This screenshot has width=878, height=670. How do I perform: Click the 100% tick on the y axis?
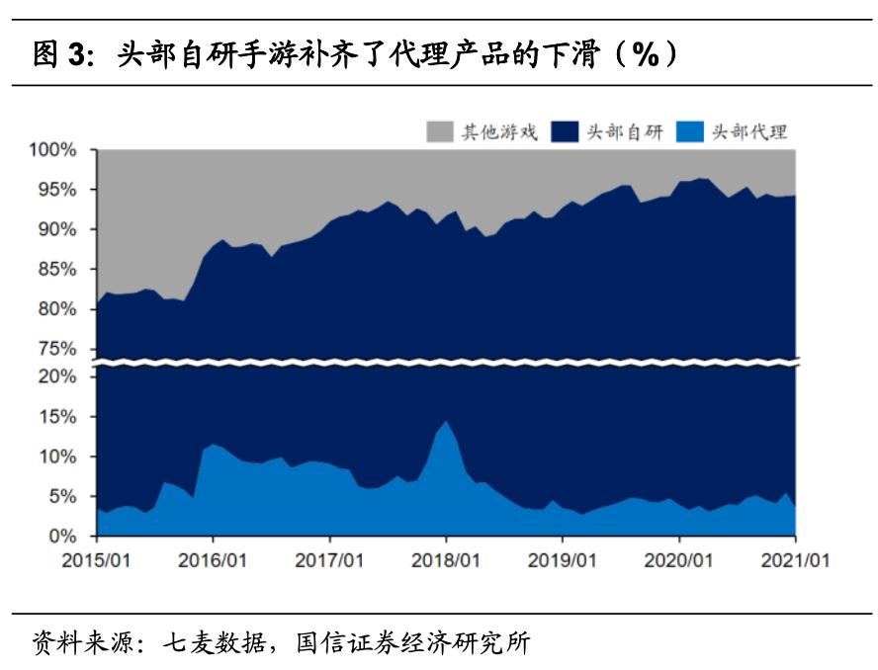(53, 149)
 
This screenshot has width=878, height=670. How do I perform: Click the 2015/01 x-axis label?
(96, 559)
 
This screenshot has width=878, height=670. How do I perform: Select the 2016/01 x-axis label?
(213, 559)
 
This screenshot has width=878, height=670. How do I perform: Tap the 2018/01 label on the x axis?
(446, 559)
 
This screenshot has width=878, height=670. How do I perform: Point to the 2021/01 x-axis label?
(796, 559)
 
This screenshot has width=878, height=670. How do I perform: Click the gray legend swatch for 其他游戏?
(439, 131)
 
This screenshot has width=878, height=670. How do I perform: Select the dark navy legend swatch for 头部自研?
(565, 131)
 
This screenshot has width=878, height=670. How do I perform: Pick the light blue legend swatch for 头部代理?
(690, 131)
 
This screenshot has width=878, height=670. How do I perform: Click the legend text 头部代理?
(748, 131)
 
